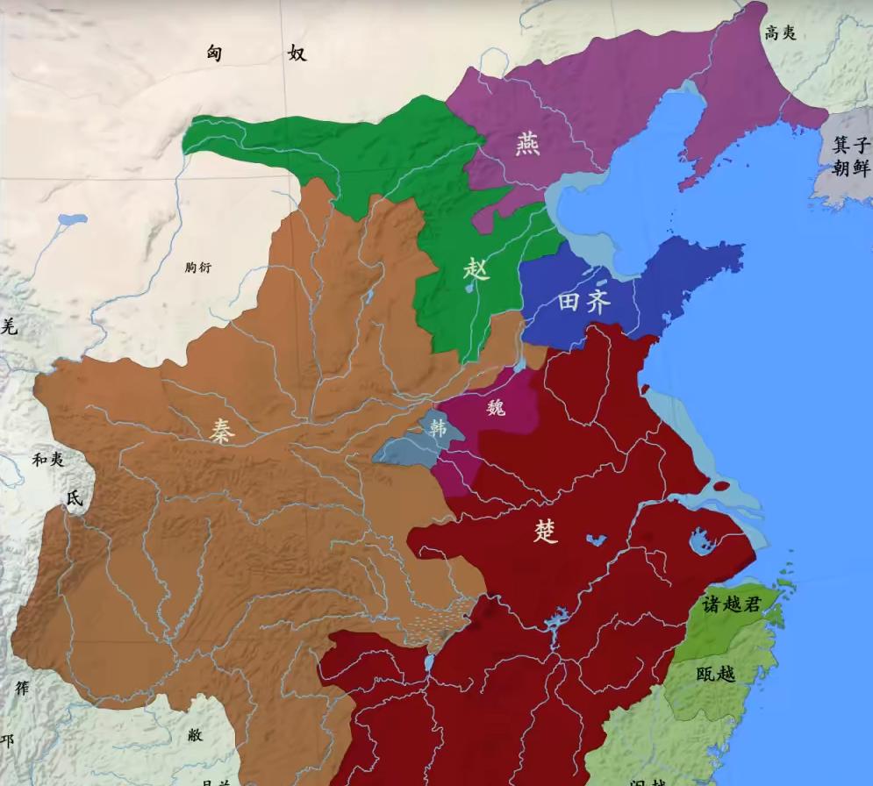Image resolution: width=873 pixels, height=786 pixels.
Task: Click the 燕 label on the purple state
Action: point(527,141)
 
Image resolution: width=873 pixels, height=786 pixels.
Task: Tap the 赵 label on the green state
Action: point(476,269)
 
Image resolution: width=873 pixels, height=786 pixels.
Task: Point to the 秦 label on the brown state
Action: point(221,429)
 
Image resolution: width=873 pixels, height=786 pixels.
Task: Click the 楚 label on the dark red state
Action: point(546,531)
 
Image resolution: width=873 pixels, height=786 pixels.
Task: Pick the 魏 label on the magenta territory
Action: point(496,407)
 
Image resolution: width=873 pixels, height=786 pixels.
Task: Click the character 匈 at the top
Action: point(214,54)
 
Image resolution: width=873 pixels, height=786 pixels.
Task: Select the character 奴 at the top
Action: point(297,54)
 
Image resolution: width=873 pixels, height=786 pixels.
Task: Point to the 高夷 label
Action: point(780,32)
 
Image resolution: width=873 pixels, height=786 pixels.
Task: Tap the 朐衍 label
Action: point(198,268)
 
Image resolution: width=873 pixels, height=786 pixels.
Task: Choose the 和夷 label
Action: point(48,460)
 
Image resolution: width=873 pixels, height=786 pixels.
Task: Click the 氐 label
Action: point(74,497)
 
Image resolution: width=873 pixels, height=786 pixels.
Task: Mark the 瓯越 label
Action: point(717,674)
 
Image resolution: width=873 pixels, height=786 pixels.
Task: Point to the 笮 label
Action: point(22,689)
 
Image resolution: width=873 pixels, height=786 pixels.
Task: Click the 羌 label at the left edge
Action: point(8,328)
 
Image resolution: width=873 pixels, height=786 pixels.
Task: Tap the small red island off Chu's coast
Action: point(721,486)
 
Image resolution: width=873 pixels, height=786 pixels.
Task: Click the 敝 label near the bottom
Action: point(195,735)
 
